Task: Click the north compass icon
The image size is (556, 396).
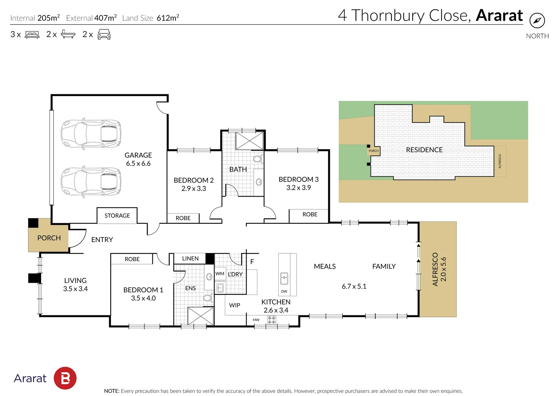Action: pos(537,21)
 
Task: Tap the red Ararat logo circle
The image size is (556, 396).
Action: pos(65,378)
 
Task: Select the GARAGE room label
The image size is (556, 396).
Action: pos(138,155)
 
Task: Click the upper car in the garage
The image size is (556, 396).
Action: pos(91,134)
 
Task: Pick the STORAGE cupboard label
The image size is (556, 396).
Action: pos(117,216)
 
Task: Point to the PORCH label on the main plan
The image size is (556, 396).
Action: pos(49,238)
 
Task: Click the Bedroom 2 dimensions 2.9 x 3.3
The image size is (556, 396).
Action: pos(194,188)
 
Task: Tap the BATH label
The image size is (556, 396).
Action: pos(238,169)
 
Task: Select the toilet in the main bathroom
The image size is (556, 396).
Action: pos(258,158)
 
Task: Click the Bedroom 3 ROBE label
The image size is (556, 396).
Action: pos(310,214)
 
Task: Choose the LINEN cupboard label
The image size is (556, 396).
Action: pos(190,258)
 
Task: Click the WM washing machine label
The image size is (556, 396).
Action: pos(220,274)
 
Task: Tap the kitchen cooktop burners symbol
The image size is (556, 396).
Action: pos(272,320)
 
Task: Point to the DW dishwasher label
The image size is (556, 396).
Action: pos(284,291)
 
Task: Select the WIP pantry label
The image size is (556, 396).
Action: pos(235,305)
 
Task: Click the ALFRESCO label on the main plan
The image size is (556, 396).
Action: pos(435,269)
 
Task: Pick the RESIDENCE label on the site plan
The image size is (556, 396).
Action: pos(424,150)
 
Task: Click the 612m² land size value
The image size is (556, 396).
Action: pos(168,18)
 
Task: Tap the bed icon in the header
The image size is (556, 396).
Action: pos(32,34)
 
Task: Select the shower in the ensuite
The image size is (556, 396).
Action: pos(200,316)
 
